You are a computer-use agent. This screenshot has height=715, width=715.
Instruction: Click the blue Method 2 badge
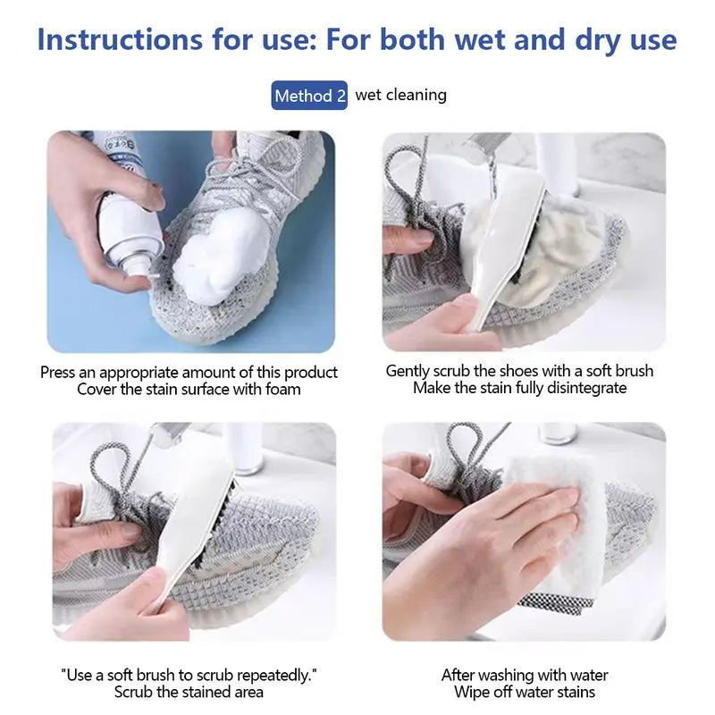coord(309,96)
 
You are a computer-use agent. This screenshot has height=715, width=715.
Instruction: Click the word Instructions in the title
coord(120,39)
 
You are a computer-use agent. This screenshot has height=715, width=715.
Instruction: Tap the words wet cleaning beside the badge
coord(400,95)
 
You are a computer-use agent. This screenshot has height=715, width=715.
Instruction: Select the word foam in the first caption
coord(283,390)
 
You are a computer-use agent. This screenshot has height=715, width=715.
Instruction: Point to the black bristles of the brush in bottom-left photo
coord(214,525)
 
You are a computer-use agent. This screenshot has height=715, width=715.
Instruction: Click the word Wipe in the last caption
coord(472,692)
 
